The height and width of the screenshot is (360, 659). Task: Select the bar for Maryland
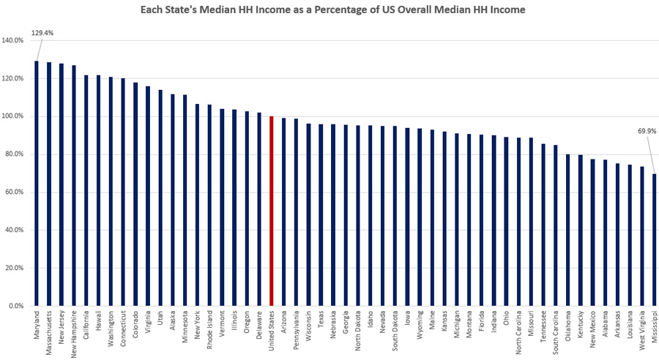pyautogui.click(x=37, y=183)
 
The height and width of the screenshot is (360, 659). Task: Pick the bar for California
pyautogui.click(x=86, y=190)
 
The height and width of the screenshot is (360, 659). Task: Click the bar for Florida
pyautogui.click(x=481, y=220)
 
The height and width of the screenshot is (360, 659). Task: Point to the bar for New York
pyautogui.click(x=197, y=205)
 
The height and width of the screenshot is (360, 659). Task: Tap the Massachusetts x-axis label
pyautogui.click(x=49, y=333)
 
